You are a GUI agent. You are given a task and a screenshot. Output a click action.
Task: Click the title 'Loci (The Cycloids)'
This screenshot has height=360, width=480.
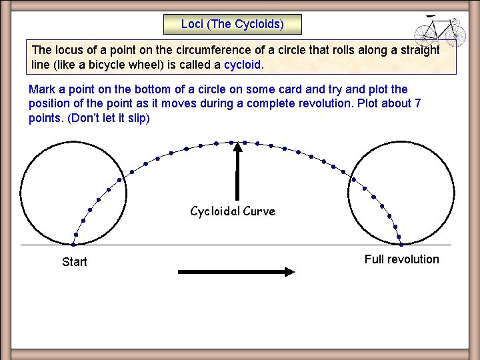232,25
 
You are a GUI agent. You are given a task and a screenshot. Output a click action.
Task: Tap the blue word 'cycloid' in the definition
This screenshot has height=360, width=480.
243,65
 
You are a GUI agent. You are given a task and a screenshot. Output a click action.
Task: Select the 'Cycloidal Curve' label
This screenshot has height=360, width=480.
232,211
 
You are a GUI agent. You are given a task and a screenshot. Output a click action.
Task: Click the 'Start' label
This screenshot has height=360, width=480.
74,262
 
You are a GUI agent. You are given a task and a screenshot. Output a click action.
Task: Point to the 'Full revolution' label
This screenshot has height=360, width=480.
401,259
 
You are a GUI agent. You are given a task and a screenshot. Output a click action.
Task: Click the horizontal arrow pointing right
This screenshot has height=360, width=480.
236,271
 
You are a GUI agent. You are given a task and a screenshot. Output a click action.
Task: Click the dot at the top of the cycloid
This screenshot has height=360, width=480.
232,142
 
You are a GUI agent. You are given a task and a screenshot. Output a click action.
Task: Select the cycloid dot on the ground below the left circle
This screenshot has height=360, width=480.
73,244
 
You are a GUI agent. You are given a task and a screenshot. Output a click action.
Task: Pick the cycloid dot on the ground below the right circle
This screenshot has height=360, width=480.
401,244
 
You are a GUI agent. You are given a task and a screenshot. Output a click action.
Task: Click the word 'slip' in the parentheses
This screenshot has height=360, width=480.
137,119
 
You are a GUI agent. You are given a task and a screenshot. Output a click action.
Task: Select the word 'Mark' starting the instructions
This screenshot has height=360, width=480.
42,89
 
